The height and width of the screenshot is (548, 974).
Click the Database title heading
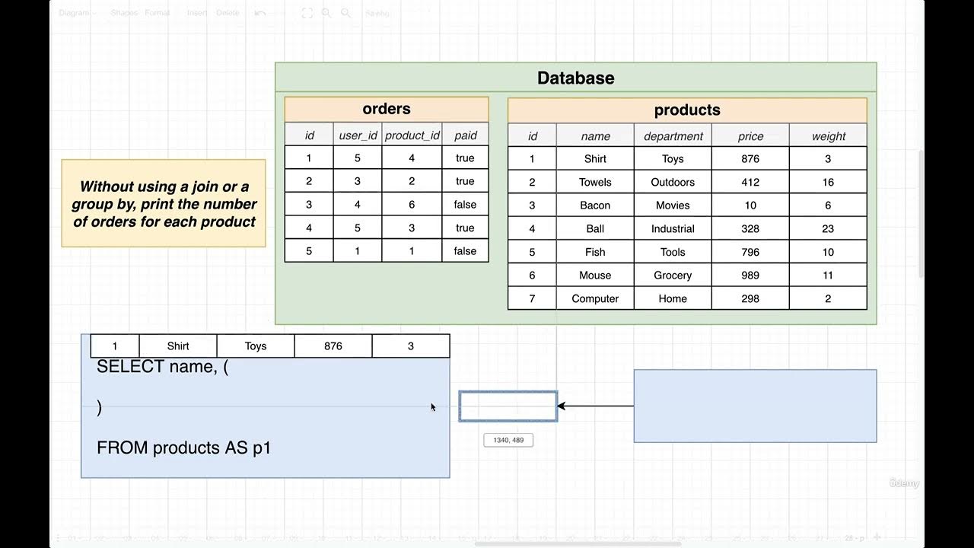pos(575,78)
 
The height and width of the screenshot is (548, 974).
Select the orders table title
pos(387,109)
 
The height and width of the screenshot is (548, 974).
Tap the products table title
pos(687,110)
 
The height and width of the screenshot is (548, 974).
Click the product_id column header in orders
pos(412,135)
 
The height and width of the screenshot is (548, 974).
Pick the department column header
pos(673,136)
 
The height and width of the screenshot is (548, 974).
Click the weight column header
pos(828,136)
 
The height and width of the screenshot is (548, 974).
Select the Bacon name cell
pos(595,205)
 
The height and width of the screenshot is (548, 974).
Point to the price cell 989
pos(750,276)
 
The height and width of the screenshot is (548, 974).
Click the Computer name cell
pos(595,299)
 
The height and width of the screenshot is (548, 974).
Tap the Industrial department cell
pos(673,229)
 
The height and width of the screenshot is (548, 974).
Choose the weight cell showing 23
pos(828,229)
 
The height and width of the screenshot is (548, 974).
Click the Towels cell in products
pos(595,183)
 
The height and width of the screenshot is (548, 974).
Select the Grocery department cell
pos(673,276)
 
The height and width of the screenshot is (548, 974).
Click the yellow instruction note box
pos(164,203)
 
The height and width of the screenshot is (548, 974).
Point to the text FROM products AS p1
pos(183,448)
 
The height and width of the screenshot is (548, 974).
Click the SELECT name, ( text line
pos(163,367)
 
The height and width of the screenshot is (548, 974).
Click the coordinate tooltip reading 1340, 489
pos(508,440)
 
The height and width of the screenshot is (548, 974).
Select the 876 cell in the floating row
pos(333,346)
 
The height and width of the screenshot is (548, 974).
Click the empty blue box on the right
pos(755,406)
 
